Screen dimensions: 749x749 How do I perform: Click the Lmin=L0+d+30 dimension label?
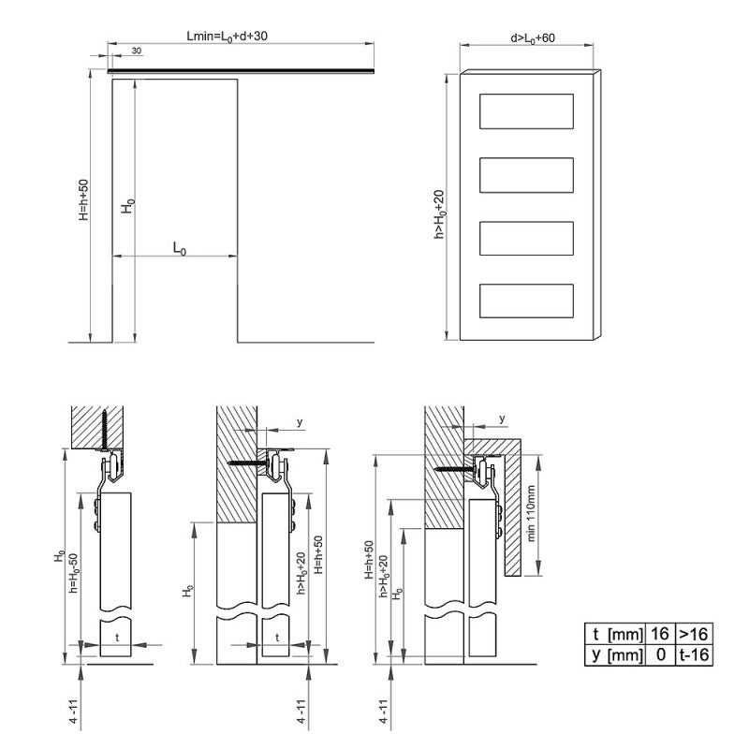click(x=227, y=37)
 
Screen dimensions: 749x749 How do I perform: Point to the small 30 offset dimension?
click(x=137, y=51)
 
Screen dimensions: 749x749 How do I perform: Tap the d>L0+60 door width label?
click(x=533, y=38)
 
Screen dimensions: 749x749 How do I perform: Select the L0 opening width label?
click(x=180, y=249)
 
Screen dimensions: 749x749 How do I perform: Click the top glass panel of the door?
click(x=526, y=111)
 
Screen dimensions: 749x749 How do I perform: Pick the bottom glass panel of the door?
click(x=526, y=301)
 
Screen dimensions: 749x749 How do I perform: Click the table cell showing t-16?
click(x=694, y=654)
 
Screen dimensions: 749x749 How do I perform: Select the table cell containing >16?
click(x=694, y=634)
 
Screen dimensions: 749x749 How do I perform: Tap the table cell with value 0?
click(x=661, y=654)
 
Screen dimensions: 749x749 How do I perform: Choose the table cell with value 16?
click(x=660, y=634)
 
